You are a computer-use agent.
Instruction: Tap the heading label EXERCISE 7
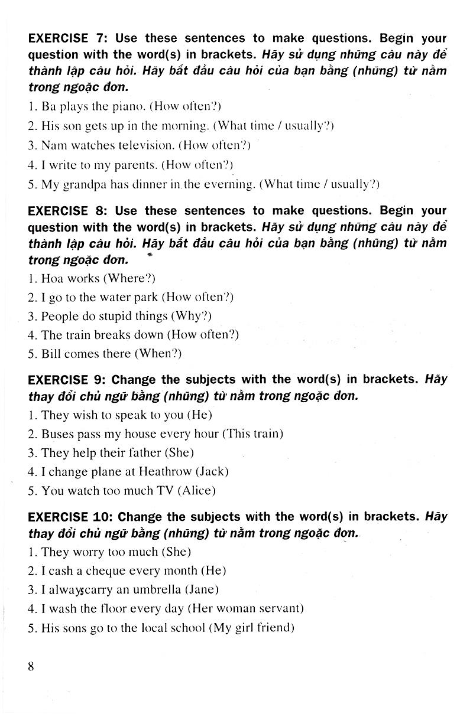pos(67,39)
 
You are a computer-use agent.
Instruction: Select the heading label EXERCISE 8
pos(67,211)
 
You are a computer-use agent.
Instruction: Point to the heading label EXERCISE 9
pos(67,379)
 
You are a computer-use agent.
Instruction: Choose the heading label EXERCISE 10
pos(69,517)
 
